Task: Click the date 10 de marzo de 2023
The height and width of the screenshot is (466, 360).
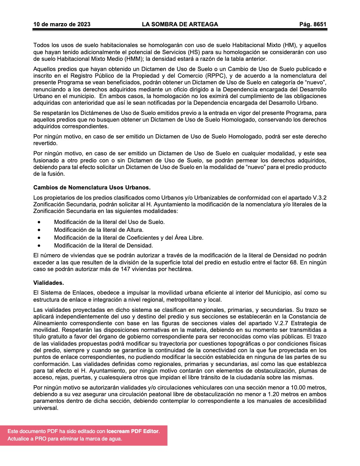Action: tap(62, 24)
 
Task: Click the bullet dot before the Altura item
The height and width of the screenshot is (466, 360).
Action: tap(39, 230)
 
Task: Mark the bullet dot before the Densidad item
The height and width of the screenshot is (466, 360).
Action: tap(39, 246)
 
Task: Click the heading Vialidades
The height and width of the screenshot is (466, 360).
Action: tap(49, 282)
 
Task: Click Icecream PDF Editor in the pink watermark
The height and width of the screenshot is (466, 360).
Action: tap(133, 431)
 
